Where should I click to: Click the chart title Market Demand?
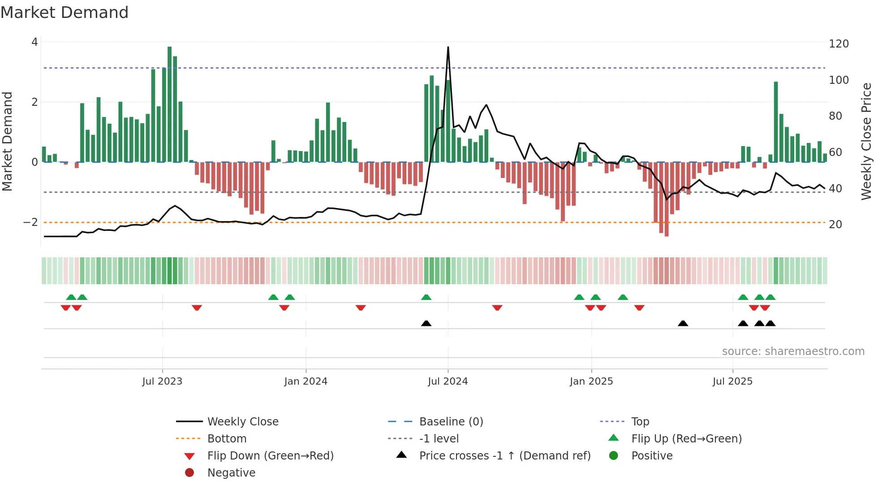click(x=65, y=13)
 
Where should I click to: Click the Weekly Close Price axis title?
click(x=866, y=141)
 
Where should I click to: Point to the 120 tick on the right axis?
click(x=839, y=44)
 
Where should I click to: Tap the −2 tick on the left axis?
click(x=30, y=222)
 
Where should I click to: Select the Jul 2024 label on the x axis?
click(x=448, y=381)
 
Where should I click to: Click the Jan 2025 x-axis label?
click(x=591, y=381)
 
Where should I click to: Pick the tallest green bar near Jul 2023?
click(x=169, y=104)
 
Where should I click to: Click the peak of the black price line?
click(x=448, y=48)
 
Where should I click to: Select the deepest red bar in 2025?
click(x=667, y=199)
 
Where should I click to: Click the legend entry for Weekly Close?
click(x=242, y=422)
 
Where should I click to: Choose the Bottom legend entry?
click(x=227, y=439)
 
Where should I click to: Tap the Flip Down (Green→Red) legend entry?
click(x=270, y=456)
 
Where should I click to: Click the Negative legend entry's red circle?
click(x=189, y=473)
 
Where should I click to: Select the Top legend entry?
click(x=640, y=422)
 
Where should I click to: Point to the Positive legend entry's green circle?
click(x=614, y=456)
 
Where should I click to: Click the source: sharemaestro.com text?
click(x=793, y=351)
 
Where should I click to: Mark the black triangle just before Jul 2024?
click(x=426, y=323)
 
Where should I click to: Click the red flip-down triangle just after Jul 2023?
click(x=197, y=308)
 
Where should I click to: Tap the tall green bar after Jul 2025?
click(x=776, y=122)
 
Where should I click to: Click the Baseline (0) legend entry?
click(x=451, y=422)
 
